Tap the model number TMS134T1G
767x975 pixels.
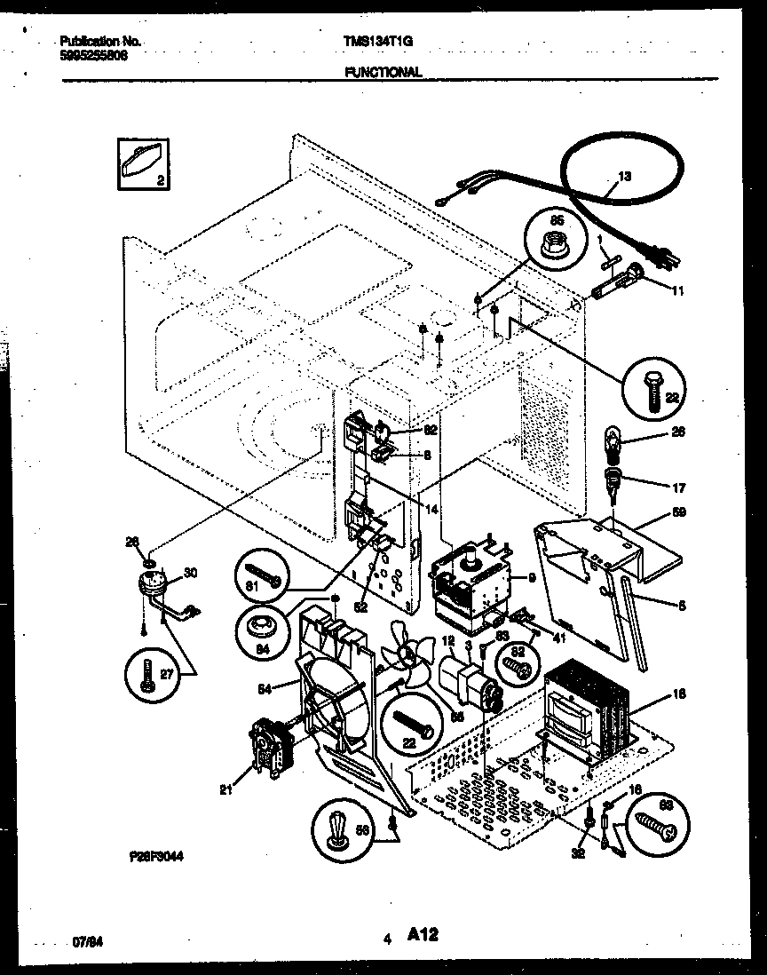[x=377, y=41]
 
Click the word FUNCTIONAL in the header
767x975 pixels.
[x=383, y=73]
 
